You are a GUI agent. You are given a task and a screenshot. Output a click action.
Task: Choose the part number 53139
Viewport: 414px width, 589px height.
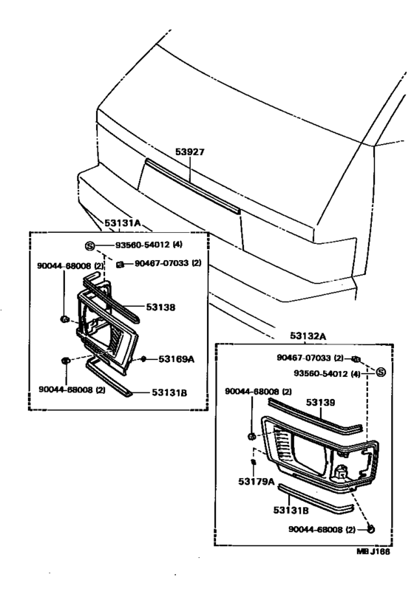321,402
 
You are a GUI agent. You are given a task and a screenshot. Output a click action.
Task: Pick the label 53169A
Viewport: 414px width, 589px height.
177,359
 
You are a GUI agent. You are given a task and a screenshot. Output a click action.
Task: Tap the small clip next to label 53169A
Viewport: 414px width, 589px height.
143,359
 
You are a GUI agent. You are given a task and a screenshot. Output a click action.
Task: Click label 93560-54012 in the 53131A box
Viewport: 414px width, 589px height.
148,245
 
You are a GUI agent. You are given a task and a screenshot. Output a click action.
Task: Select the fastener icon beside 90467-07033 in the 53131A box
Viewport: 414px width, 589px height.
118,264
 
